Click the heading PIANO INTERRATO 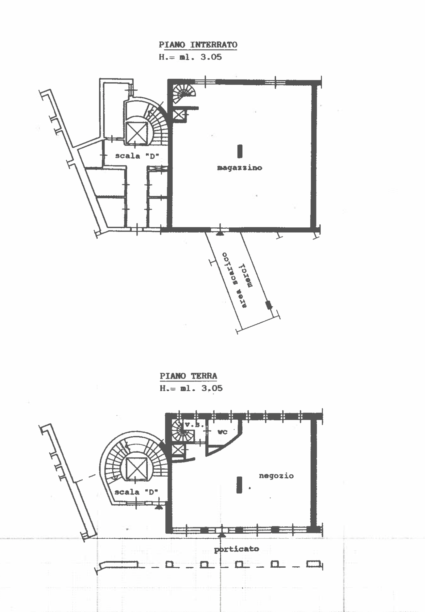click(x=198, y=45)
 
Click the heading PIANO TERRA click(x=188, y=376)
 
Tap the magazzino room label click(x=240, y=168)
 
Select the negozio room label click(x=276, y=476)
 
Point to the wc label click(x=222, y=432)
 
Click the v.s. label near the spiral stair click(x=194, y=425)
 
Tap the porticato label click(x=237, y=549)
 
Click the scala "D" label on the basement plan click(x=137, y=156)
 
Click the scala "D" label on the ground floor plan click(x=136, y=492)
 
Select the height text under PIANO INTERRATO click(x=190, y=57)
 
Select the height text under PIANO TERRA click(x=191, y=388)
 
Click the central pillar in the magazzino click(x=240, y=151)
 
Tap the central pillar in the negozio click(x=239, y=485)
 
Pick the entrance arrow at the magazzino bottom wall click(x=220, y=233)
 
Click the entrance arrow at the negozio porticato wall click(x=221, y=535)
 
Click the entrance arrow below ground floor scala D click(x=159, y=507)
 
